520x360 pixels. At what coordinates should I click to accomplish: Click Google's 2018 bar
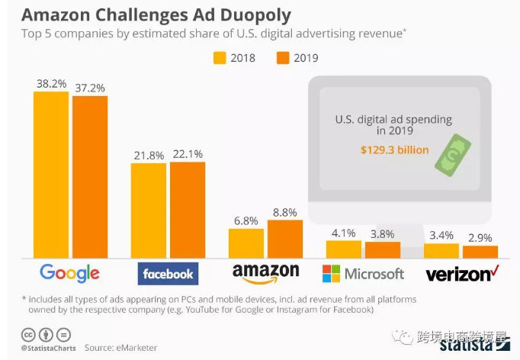tap(51, 175)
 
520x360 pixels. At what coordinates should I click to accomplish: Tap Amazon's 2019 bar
tap(284, 239)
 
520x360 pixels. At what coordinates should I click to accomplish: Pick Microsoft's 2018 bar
tap(344, 249)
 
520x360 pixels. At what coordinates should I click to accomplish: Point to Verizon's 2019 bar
tap(480, 252)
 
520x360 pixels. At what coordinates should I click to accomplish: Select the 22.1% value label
tap(188, 154)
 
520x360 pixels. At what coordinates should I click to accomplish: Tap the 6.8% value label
tap(246, 220)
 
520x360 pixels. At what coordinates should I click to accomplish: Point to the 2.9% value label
tap(480, 237)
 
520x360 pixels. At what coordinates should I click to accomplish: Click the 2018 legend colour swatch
tap(219, 57)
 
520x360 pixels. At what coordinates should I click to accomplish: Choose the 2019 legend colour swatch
tap(281, 57)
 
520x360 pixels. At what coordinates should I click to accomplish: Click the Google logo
tap(69, 273)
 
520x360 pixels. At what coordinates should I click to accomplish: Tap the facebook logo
tap(168, 273)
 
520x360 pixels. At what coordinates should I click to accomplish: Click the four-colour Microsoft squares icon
tap(332, 273)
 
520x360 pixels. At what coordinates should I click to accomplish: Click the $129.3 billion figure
tap(394, 150)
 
